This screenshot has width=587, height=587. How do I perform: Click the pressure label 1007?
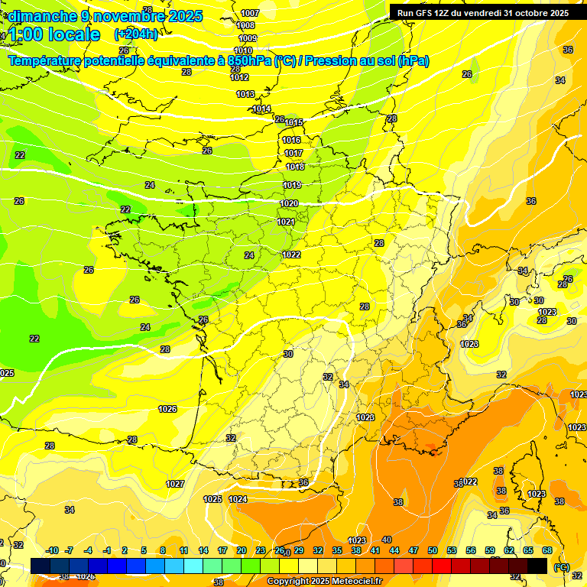(x=250, y=14)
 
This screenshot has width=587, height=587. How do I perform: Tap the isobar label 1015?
(x=293, y=122)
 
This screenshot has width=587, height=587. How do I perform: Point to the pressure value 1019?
(x=291, y=185)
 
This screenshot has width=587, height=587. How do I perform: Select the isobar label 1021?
(x=286, y=222)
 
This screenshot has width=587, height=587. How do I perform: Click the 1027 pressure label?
(x=175, y=484)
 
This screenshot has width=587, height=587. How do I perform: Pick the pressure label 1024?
(x=238, y=499)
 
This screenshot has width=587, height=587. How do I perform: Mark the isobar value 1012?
(x=239, y=77)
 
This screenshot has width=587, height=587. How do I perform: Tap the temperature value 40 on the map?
(x=386, y=540)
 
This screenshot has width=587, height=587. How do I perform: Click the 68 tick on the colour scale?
(x=547, y=550)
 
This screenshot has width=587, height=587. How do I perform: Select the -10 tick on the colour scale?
(x=52, y=550)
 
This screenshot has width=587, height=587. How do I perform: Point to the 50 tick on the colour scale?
(x=433, y=550)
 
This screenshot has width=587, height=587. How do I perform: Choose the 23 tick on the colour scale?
(x=260, y=550)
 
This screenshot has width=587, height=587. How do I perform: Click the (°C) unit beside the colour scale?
(x=562, y=567)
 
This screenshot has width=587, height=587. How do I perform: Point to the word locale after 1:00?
(x=73, y=34)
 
